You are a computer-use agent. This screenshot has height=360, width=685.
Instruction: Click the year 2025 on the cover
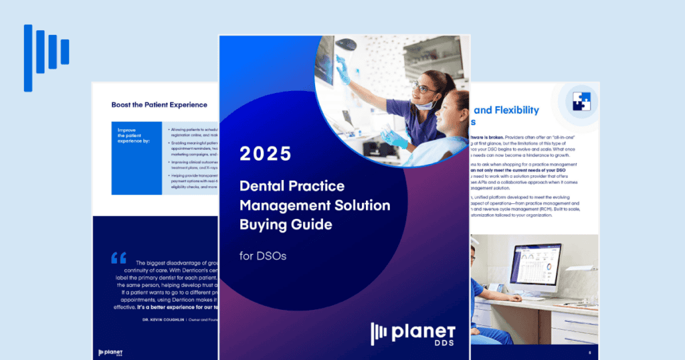(x=266, y=154)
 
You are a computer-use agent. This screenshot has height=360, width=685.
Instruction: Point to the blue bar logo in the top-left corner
(x=46, y=57)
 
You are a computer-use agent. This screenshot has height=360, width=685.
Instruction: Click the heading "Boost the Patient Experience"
(x=159, y=104)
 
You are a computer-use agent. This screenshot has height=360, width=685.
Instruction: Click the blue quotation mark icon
(x=119, y=258)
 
